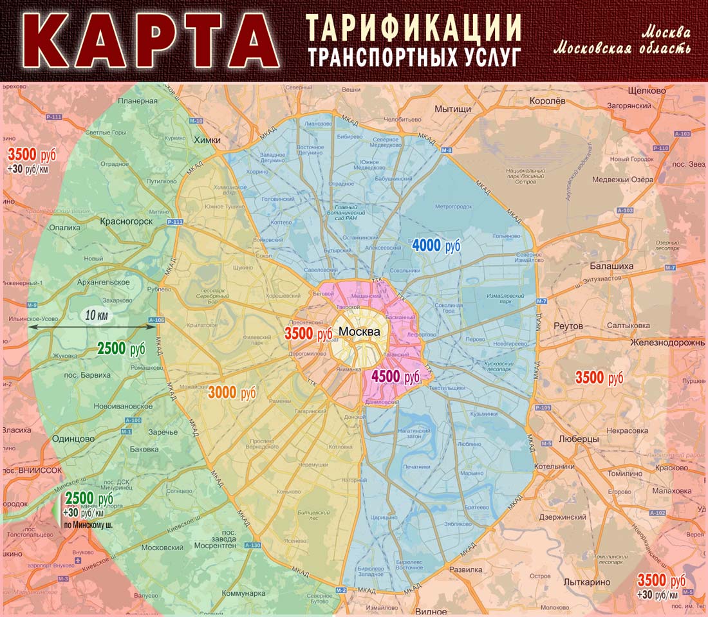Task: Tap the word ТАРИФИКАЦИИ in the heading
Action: [413, 26]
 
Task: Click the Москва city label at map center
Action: [359, 331]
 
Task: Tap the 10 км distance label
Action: [96, 315]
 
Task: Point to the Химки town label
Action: [207, 140]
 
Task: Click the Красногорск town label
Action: [126, 221]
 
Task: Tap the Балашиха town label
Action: [611, 266]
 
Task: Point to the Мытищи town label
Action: [452, 109]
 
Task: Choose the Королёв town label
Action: [546, 101]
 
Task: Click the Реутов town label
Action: [568, 326]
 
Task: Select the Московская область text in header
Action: [622, 48]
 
